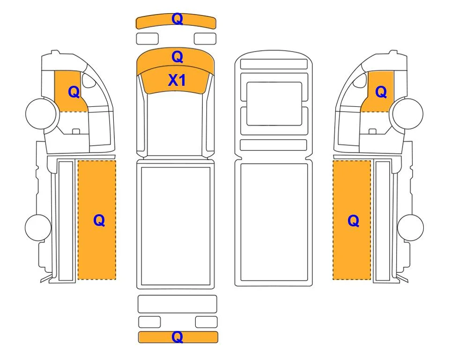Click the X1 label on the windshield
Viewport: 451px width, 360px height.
(177, 80)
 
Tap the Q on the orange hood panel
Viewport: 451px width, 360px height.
(177, 57)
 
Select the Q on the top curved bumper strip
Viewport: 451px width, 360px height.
(177, 19)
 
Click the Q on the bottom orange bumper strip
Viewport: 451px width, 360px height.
(177, 337)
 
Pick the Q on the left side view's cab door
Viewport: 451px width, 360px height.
(74, 92)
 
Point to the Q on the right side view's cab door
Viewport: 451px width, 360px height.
(381, 92)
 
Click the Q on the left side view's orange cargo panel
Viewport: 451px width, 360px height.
(99, 221)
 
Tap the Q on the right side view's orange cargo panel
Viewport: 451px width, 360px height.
(354, 221)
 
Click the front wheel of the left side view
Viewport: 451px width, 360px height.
(41, 113)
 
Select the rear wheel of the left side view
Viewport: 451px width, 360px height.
(38, 227)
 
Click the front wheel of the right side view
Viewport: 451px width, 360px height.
(408, 113)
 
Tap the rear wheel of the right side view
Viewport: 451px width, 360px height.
(410, 227)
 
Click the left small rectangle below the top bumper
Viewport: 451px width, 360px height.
(147, 38)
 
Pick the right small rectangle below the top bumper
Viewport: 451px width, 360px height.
(205, 38)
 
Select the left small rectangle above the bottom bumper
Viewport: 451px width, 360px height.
(149, 322)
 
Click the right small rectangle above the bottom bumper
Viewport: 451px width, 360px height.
(206, 322)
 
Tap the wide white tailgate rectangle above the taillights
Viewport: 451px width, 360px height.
(177, 304)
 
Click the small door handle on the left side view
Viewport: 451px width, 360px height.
(76, 131)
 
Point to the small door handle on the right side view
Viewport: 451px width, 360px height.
(372, 131)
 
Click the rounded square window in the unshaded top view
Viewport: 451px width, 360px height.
(274, 104)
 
